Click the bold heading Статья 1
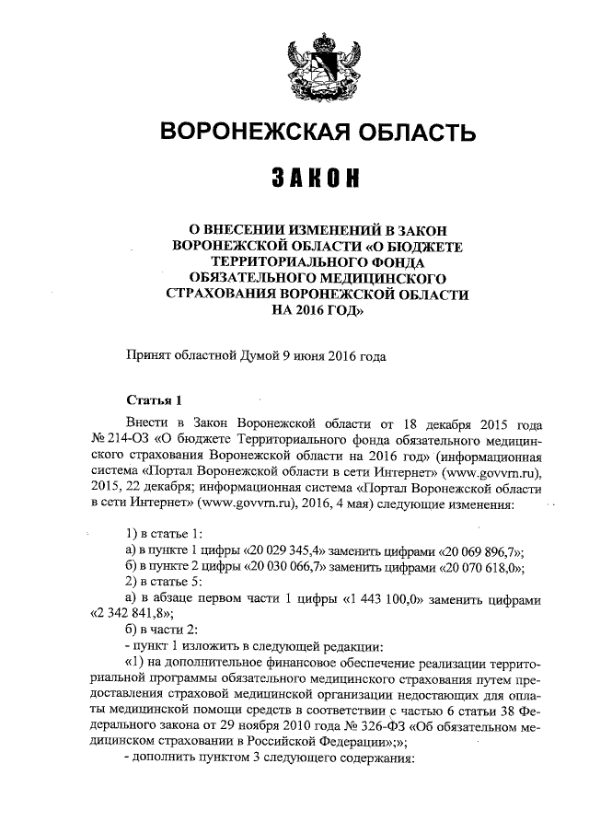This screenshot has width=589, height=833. click(x=155, y=399)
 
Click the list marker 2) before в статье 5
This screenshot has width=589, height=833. click(x=130, y=583)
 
